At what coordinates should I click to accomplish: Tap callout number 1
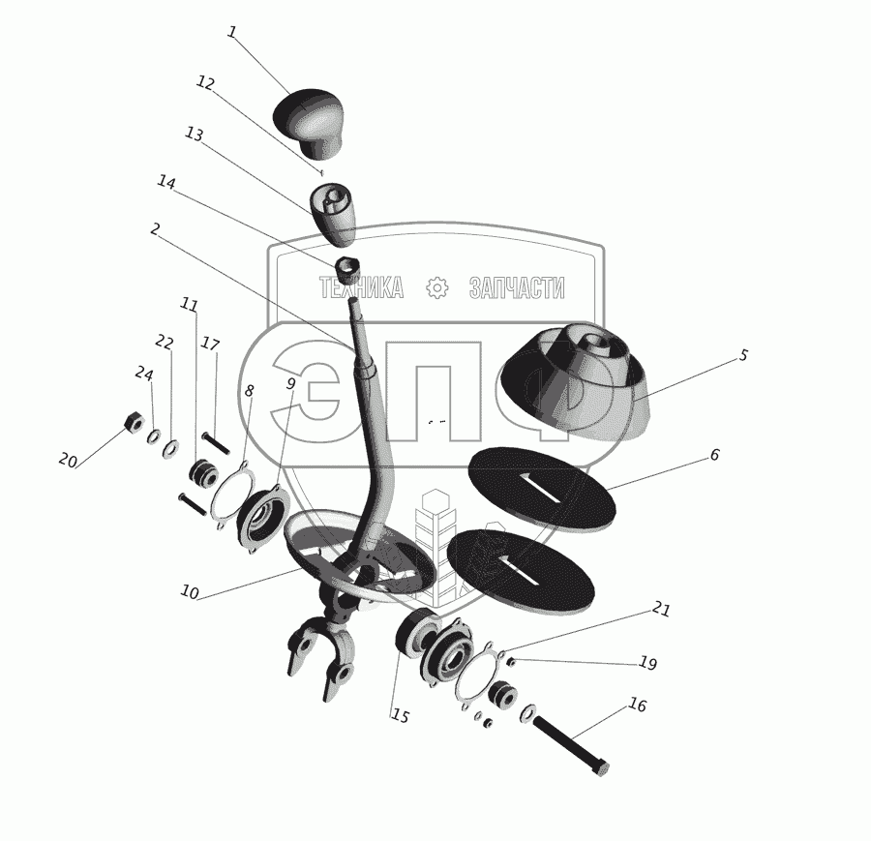click(232, 32)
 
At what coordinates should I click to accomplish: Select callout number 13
click(194, 135)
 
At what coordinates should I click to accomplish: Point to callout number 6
click(714, 455)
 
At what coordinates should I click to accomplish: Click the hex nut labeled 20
click(134, 423)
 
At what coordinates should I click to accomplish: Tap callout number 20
click(67, 460)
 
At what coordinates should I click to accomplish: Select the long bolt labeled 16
click(571, 745)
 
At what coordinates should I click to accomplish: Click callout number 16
click(638, 705)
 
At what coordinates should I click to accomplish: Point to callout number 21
click(661, 610)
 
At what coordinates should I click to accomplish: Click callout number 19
click(647, 663)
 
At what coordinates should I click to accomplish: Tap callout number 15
click(400, 716)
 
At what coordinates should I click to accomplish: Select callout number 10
click(190, 592)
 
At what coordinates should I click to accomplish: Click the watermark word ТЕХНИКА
click(361, 287)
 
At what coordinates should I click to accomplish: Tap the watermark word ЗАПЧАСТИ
click(517, 287)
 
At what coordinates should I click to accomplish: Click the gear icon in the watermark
click(436, 287)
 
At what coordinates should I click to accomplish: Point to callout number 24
click(144, 374)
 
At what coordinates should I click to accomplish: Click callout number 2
click(155, 228)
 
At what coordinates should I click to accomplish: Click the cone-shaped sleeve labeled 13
click(333, 215)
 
